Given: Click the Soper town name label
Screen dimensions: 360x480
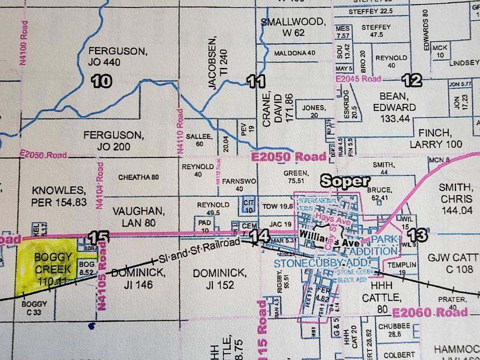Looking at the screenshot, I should coord(344,181).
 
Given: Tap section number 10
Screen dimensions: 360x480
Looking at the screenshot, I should coord(101,81).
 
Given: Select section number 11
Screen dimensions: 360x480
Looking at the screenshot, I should coord(255,81).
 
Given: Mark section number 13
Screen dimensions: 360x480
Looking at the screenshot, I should coord(418,234).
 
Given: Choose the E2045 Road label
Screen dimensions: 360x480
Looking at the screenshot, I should coord(358,79).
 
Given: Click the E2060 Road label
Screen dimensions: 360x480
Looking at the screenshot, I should coord(429,313).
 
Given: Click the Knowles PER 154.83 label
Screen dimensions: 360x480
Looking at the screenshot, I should coord(59,196).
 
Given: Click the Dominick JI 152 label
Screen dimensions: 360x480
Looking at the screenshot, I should coord(219,279).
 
